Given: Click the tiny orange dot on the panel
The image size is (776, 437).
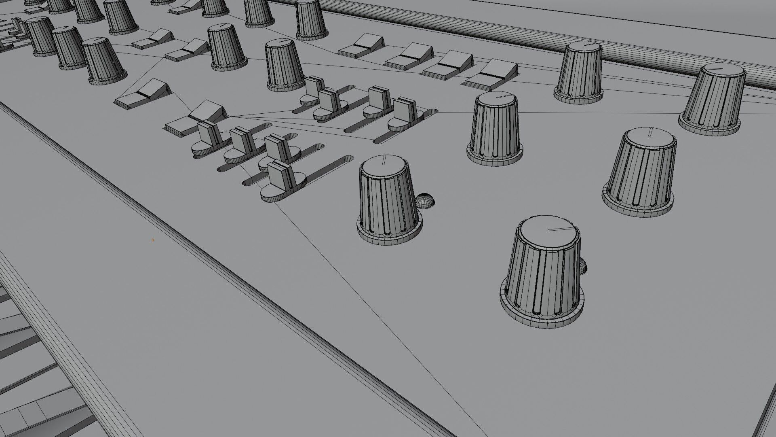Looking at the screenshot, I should pyautogui.click(x=153, y=240).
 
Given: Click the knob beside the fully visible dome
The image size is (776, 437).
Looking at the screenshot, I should pyautogui.click(x=389, y=202).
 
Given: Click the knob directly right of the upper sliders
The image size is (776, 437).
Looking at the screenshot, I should pyautogui.click(x=495, y=127).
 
